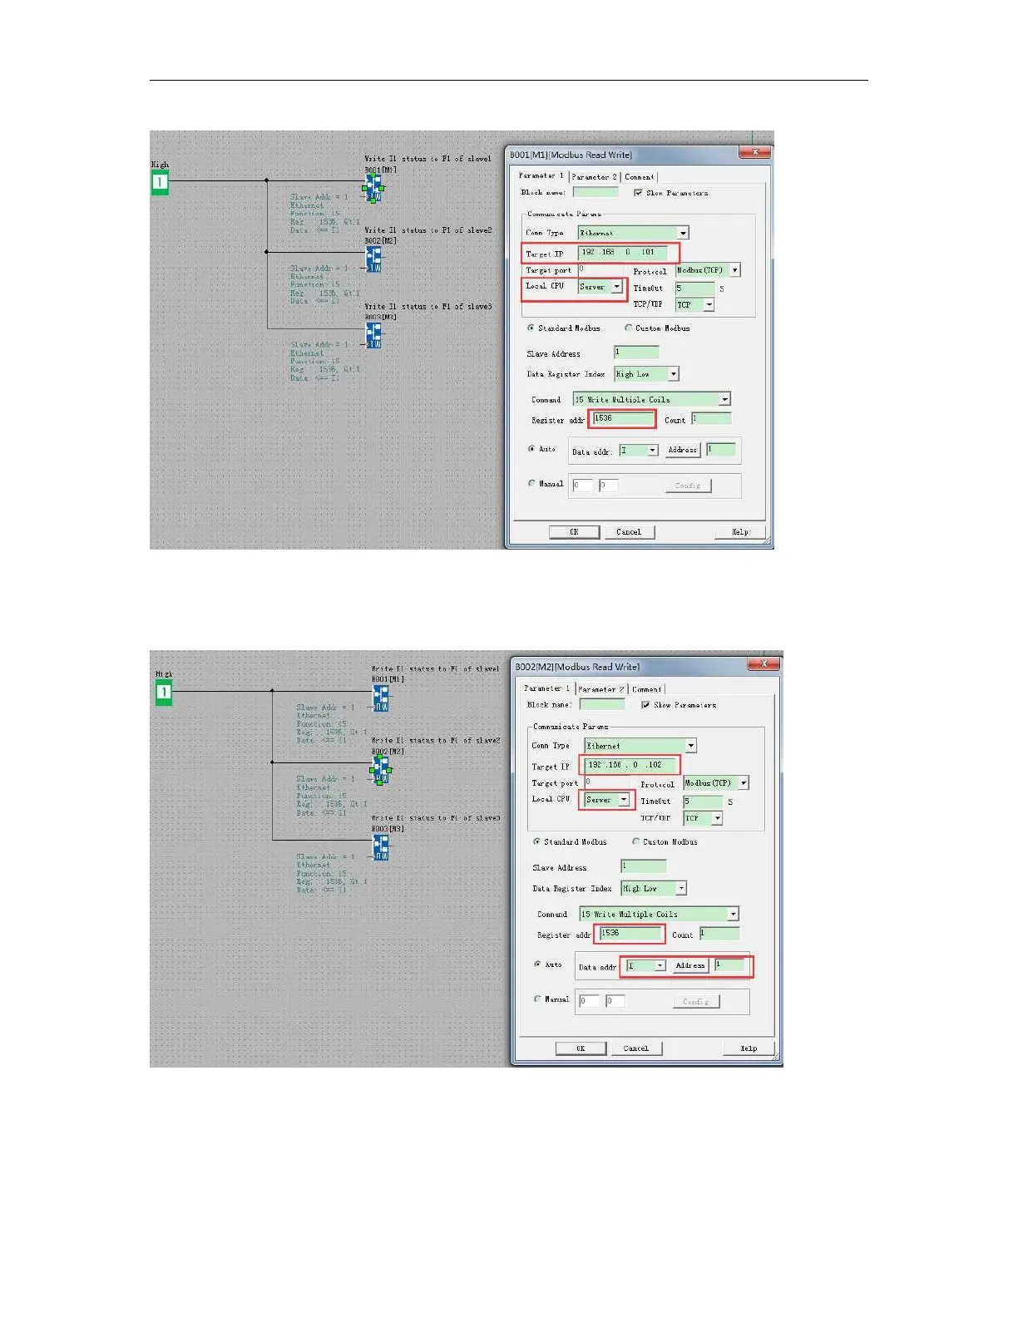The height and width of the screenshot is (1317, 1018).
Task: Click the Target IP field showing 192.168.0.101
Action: pyautogui.click(x=621, y=252)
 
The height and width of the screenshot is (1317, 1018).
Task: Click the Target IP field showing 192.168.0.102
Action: pyautogui.click(x=629, y=765)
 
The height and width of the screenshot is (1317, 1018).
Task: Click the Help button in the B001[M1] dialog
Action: pyautogui.click(x=739, y=532)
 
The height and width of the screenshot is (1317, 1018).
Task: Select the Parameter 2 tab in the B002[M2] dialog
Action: pyautogui.click(x=600, y=689)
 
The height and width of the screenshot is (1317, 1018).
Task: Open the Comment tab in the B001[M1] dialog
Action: pyautogui.click(x=640, y=177)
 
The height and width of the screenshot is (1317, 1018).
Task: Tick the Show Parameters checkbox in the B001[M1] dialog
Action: pyautogui.click(x=638, y=193)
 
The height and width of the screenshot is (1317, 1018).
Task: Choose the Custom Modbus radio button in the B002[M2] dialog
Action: pyautogui.click(x=636, y=841)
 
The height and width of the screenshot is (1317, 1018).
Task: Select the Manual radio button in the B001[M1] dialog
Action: pyautogui.click(x=531, y=483)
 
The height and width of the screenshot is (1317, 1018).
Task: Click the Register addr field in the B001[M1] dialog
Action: pyautogui.click(x=622, y=418)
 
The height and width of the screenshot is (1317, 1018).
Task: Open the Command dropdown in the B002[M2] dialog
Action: pyautogui.click(x=732, y=914)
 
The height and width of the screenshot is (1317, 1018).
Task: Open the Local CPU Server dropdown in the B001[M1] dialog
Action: pyautogui.click(x=616, y=287)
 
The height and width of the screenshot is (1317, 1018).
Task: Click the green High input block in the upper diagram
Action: pyautogui.click(x=160, y=182)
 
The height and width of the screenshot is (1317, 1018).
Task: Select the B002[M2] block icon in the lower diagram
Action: pyautogui.click(x=381, y=769)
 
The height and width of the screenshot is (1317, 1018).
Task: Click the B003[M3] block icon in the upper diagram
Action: pyautogui.click(x=373, y=335)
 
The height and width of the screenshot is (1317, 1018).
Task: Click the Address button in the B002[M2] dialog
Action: pyautogui.click(x=690, y=965)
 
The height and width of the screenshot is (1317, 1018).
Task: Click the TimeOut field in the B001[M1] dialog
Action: pyautogui.click(x=694, y=289)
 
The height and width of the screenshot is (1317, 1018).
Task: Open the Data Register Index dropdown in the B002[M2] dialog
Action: pyautogui.click(x=680, y=888)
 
